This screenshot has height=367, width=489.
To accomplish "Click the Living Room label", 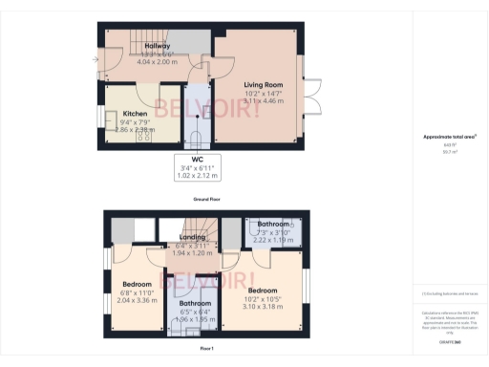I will click(253, 84).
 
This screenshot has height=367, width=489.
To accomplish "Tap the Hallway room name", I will click(157, 46).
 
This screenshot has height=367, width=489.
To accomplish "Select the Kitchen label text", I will click(135, 114).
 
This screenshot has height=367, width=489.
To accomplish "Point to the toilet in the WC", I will click(198, 135).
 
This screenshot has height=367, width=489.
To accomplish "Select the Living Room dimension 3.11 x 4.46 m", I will click(253, 100).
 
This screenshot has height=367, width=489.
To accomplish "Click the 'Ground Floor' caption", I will click(207, 199).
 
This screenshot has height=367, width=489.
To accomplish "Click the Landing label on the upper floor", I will click(194, 236).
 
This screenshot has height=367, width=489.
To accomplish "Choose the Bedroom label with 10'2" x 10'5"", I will click(262, 290).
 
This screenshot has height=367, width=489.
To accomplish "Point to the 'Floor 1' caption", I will click(207, 350).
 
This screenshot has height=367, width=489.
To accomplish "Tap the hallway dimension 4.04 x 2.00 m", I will click(157, 61).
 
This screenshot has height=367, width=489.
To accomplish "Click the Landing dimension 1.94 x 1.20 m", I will click(194, 253).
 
